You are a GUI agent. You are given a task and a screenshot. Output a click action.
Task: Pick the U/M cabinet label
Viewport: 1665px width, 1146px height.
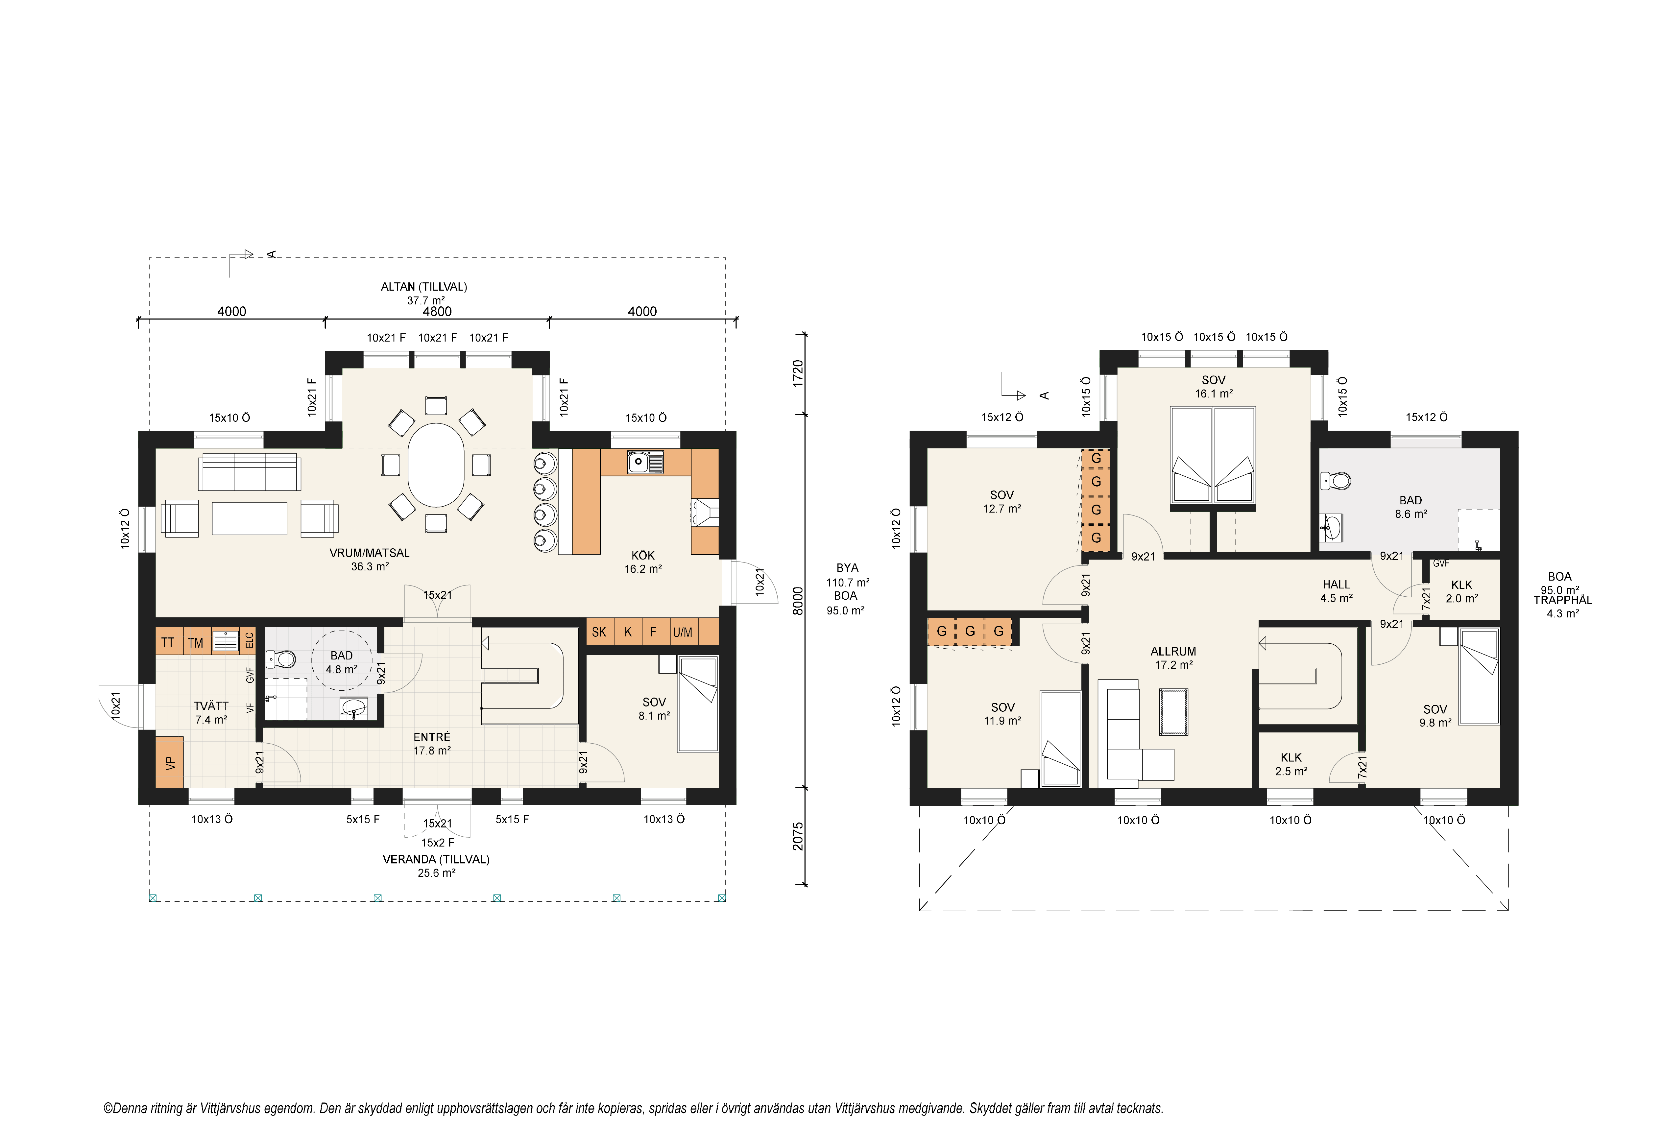tap(683, 632)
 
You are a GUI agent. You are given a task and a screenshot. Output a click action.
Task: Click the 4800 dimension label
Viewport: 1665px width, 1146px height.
tap(437, 311)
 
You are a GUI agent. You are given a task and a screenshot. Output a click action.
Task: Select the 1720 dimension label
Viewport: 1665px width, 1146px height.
tap(798, 373)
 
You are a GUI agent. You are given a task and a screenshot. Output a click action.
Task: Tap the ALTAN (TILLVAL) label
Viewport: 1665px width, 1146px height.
tap(423, 287)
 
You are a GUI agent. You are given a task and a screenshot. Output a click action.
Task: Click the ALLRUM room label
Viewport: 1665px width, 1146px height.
tap(1173, 651)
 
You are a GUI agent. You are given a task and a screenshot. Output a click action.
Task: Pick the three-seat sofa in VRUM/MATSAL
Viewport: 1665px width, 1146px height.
tap(249, 472)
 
